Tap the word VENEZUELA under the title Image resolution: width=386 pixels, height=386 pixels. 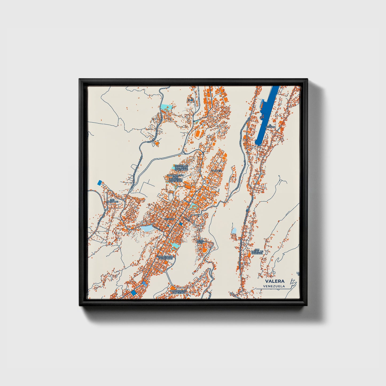[274, 286]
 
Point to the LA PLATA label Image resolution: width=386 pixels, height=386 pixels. [217, 170]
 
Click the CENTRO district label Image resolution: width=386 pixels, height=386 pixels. [169, 219]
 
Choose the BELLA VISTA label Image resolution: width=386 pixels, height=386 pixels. [200, 241]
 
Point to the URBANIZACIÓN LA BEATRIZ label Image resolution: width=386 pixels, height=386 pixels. [178, 291]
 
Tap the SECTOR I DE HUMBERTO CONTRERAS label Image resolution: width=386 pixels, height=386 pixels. [181, 167]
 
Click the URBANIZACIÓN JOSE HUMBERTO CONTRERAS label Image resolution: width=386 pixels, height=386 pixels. [175, 178]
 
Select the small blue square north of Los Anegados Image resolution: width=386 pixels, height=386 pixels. [100, 183]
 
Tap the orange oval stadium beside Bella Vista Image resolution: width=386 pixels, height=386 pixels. [205, 250]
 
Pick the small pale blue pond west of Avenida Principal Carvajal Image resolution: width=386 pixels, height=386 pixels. [234, 230]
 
